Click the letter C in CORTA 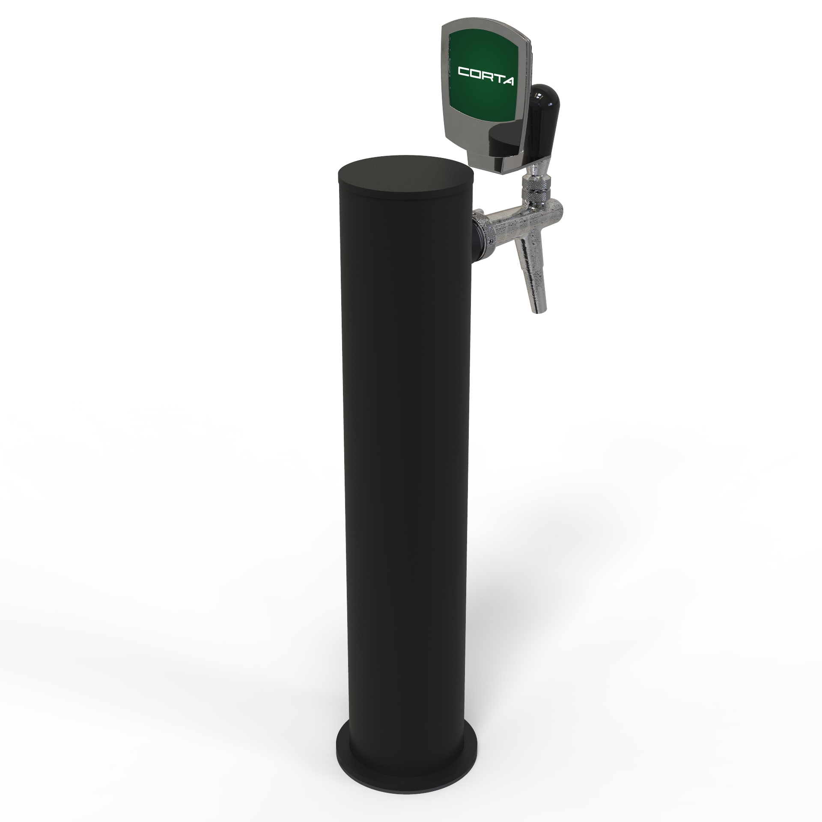point(464,71)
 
